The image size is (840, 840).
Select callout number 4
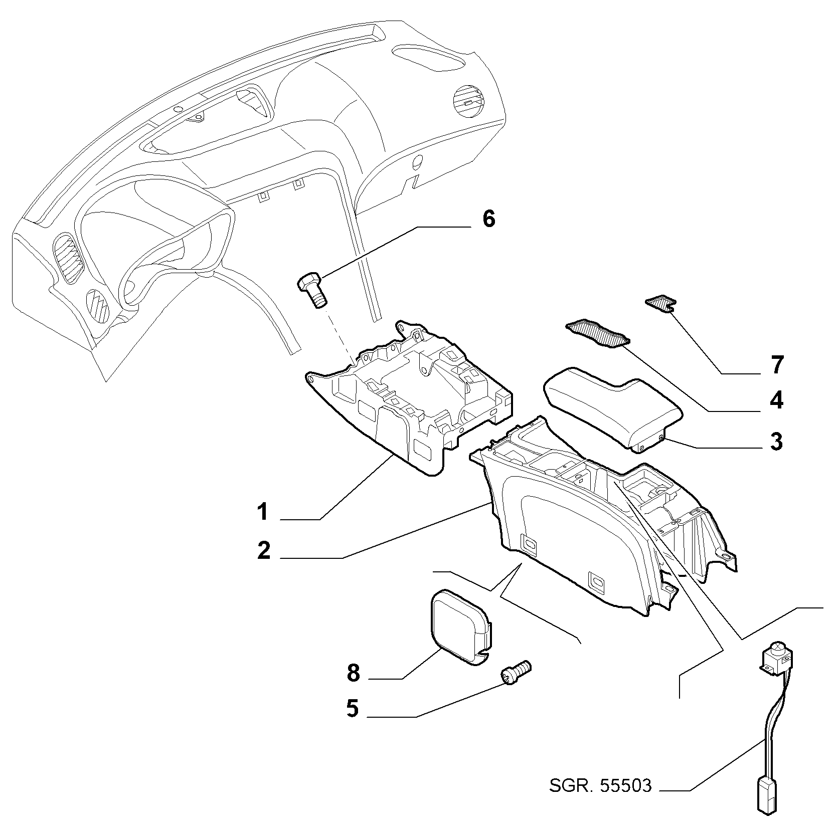[x=776, y=400]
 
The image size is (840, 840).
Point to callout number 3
[x=776, y=442]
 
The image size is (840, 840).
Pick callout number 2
[x=264, y=550]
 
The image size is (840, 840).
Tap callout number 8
[x=354, y=673]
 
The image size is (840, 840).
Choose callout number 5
[x=353, y=709]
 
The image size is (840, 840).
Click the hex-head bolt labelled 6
[x=312, y=290]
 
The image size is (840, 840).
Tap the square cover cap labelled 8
[x=460, y=628]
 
